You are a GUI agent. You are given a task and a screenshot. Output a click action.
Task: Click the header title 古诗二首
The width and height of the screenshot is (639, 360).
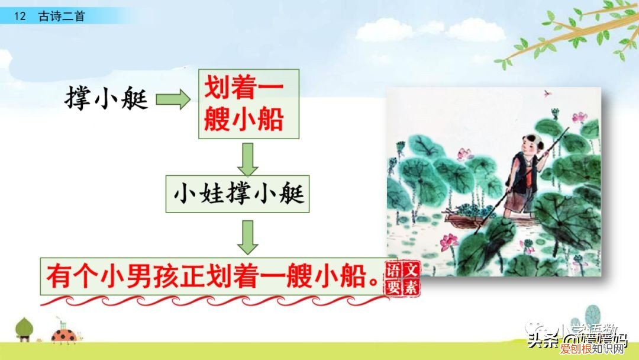[62, 16]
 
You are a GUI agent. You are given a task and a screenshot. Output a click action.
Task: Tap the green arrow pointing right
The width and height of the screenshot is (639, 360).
[173, 100]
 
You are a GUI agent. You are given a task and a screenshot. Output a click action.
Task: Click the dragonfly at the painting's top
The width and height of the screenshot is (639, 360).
[547, 93]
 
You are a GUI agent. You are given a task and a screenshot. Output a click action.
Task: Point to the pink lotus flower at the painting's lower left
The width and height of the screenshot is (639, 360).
[449, 240]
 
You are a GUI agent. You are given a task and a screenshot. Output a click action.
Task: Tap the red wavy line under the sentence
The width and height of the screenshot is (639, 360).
[213, 301]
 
